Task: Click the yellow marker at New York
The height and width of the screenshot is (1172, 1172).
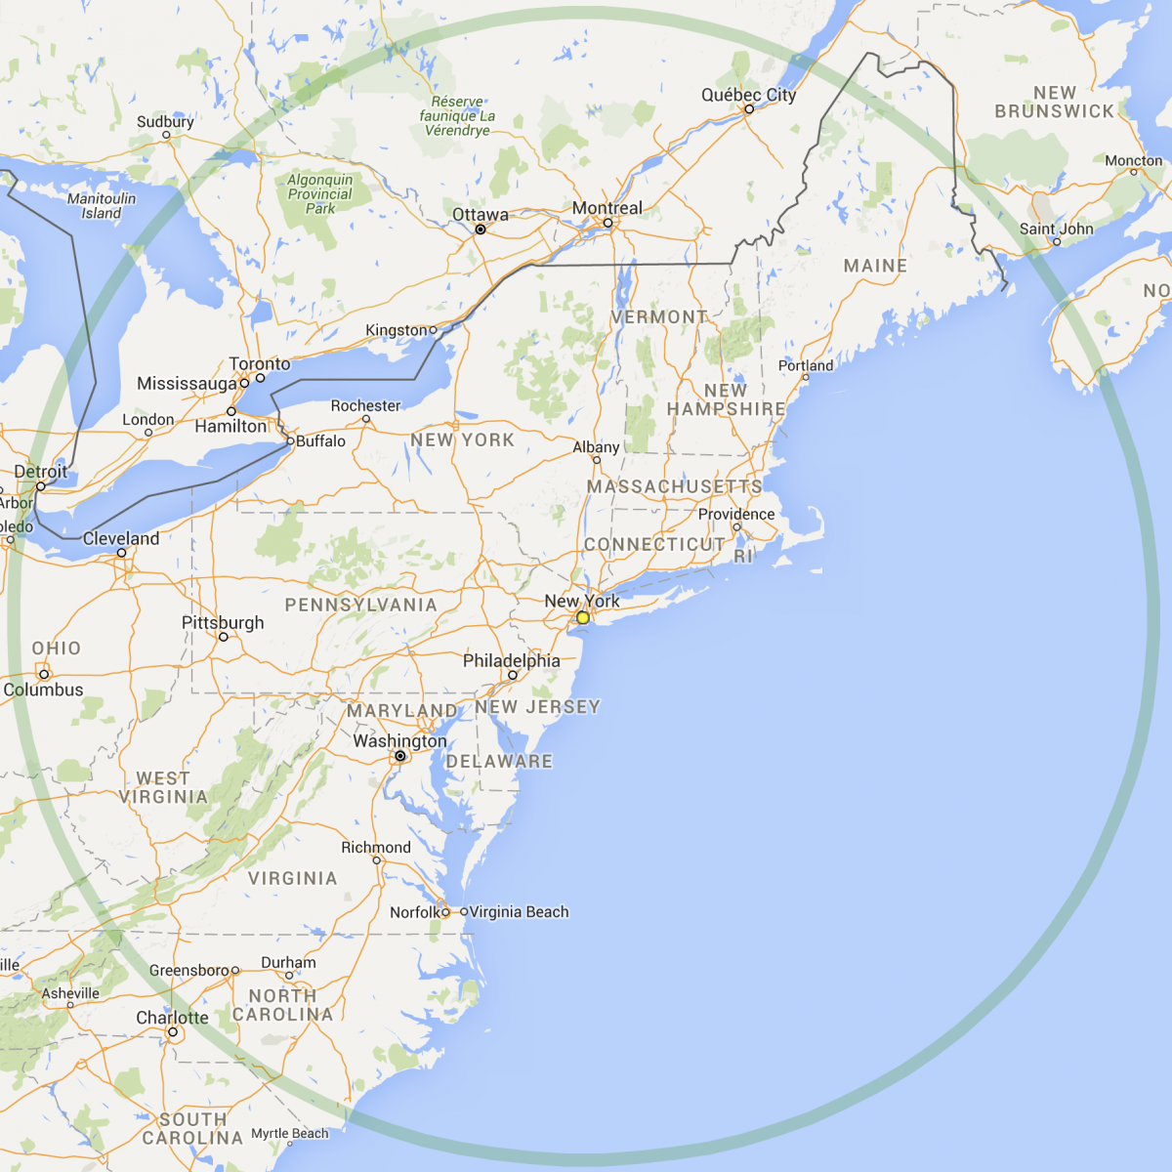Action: [x=583, y=617]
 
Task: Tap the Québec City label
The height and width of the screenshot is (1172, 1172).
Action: [x=748, y=95]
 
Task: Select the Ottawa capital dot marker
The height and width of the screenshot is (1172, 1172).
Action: [x=481, y=230]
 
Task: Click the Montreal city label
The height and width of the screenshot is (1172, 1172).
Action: [x=607, y=208]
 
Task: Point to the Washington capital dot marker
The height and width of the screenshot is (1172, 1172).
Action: [x=400, y=756]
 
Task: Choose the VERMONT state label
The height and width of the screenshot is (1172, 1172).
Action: [x=659, y=317]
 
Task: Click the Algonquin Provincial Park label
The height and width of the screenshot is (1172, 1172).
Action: [x=320, y=193]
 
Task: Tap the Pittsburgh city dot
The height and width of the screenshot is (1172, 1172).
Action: [x=224, y=637]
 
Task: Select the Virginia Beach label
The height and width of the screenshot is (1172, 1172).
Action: [x=519, y=912]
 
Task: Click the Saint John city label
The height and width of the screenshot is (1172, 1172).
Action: [x=1056, y=230]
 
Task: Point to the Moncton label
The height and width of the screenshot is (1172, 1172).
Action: [x=1133, y=160]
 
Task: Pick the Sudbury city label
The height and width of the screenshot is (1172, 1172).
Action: [x=165, y=122]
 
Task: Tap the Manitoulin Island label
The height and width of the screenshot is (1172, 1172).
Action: [x=102, y=205]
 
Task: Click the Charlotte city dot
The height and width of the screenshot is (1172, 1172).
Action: [x=173, y=1032]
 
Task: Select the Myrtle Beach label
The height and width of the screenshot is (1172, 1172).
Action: [x=290, y=1134]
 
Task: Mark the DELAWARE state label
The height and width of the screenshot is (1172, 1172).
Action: [x=499, y=761]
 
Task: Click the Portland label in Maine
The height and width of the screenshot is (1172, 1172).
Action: [x=806, y=365]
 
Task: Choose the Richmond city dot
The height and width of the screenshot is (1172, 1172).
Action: [x=377, y=860]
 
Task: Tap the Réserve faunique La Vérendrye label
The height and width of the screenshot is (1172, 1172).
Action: [x=457, y=115]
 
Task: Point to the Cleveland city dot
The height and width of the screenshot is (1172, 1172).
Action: [x=122, y=553]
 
